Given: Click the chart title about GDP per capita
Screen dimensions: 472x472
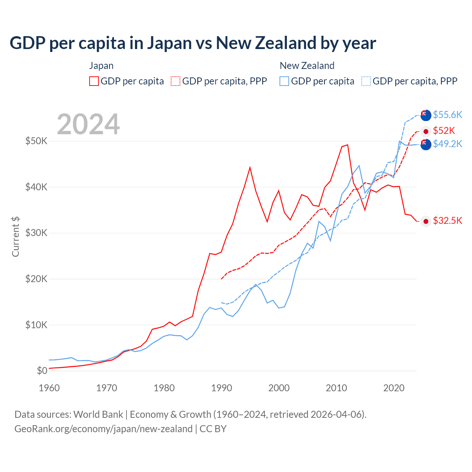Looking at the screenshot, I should coord(192,43).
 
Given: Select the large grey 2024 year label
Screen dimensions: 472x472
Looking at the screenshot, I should coord(88,124).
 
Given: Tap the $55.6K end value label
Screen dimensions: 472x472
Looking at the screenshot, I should coord(447,115).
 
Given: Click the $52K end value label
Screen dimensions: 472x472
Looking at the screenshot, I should coord(444,131).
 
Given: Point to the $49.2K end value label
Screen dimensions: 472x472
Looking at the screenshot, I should coord(447,144).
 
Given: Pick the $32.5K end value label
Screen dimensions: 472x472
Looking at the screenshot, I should coord(447,221).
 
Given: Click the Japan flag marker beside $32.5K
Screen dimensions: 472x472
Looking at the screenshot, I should coord(426,221).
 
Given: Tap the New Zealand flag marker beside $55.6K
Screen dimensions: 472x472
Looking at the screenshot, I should coord(426,115).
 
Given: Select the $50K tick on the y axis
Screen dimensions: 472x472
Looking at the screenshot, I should coord(36,141).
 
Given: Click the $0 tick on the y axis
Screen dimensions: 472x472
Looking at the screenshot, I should coord(42,371).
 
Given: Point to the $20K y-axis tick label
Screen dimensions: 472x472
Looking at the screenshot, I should coord(36,279).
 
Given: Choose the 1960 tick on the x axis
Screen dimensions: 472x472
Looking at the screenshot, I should coord(49,388).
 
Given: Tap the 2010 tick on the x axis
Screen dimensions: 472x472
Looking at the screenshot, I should coord(336,388).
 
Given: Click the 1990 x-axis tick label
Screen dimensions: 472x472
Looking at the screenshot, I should coord(222,388).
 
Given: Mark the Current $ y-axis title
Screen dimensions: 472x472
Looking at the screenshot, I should coord(15,237).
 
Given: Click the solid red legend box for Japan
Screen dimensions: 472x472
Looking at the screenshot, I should coord(94,81).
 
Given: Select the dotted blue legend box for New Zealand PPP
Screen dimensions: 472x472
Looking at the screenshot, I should coord(366,81).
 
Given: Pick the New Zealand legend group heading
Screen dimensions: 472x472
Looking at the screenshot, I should coord(307,66).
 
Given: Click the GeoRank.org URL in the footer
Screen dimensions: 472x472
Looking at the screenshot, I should coord(103,429).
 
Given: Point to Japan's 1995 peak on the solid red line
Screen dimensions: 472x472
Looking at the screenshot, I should coord(250,167).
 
